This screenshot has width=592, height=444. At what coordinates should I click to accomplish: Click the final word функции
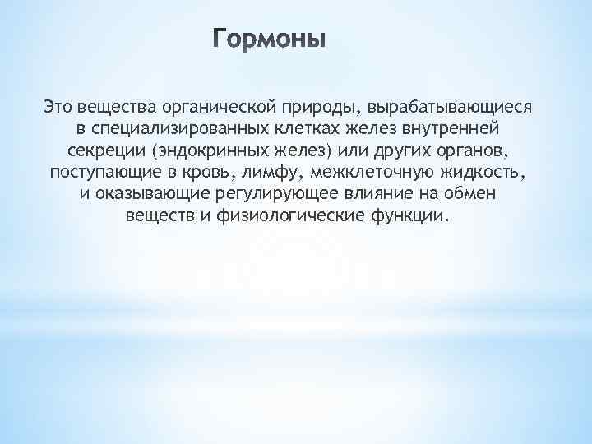pyautogui.click(x=418, y=216)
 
